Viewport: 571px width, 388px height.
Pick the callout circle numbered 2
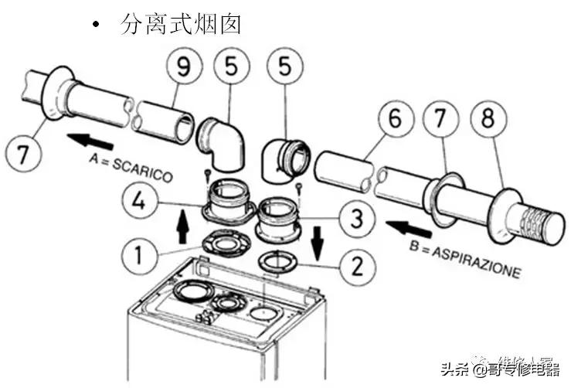pos(356,267)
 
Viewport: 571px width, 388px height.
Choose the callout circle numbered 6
pos(395,121)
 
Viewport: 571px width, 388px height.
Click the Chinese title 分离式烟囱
pos(182,23)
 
